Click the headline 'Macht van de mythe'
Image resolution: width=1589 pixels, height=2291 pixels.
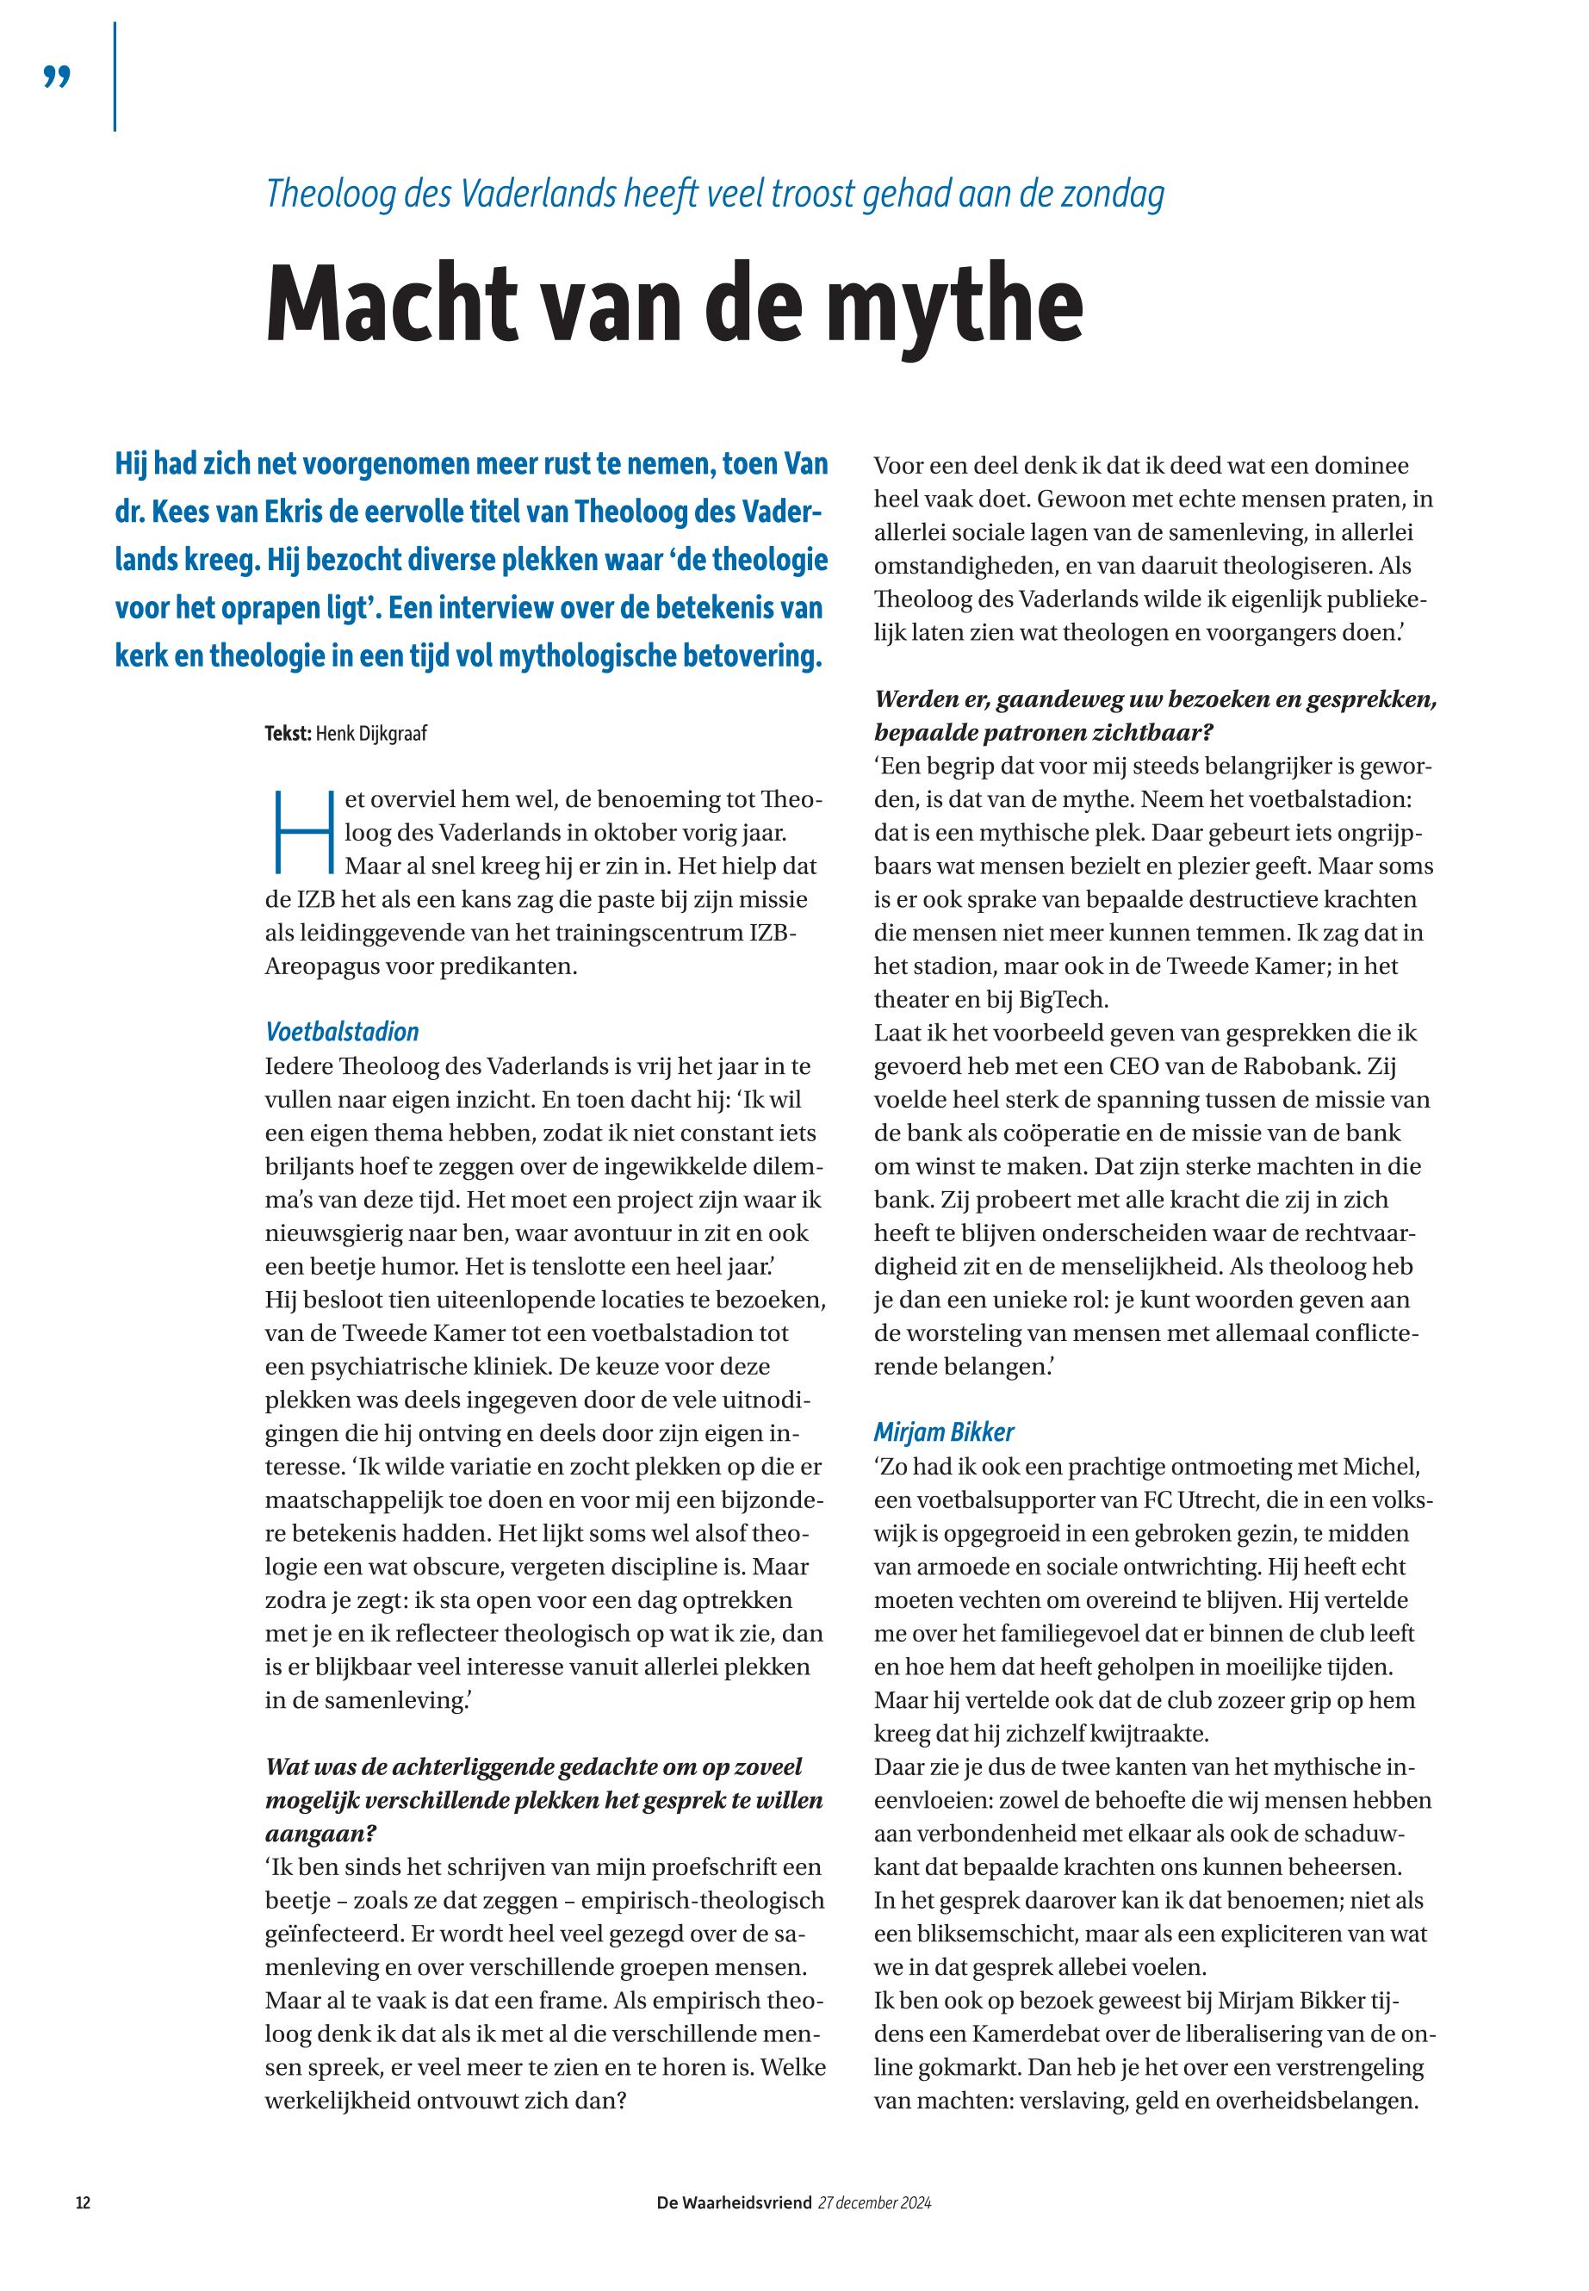pyautogui.click(x=674, y=301)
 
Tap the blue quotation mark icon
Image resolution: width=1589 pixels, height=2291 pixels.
pyautogui.click(x=58, y=77)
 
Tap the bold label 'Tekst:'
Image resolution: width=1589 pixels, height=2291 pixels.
pyautogui.click(x=288, y=734)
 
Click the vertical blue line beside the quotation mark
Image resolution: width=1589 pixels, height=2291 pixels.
pyautogui.click(x=115, y=77)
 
